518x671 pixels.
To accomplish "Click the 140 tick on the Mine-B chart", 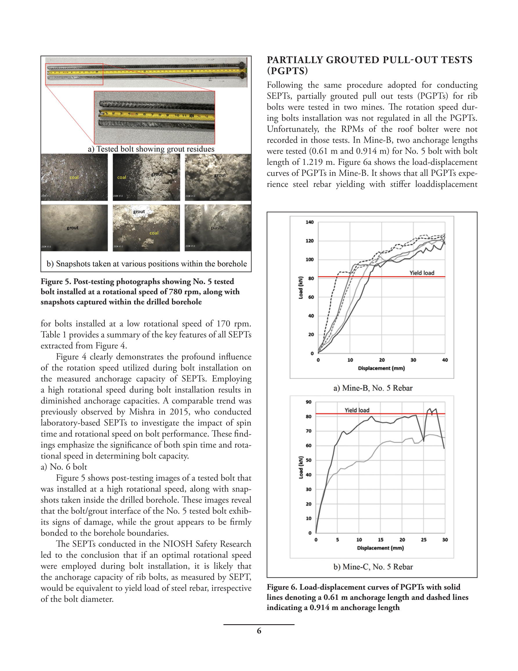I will (x=309, y=222).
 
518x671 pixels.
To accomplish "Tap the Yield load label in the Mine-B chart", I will (x=422, y=273).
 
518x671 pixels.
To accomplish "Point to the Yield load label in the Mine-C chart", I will (x=357, y=410).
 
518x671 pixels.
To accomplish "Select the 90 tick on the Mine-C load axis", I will (x=308, y=402).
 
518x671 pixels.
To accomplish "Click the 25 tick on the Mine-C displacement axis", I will (x=423, y=540).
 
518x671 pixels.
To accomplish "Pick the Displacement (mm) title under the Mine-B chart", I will (x=381, y=368).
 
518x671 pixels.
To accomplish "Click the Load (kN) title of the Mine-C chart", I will (x=301, y=467).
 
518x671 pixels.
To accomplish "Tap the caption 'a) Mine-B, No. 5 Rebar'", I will (x=373, y=388).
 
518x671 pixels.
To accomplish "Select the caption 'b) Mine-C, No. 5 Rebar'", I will (x=373, y=567).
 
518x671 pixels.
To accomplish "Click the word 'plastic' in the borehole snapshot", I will (x=217, y=228).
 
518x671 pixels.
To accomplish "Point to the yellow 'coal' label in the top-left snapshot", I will (x=74, y=177).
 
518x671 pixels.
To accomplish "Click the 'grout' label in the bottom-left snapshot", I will (x=73, y=228).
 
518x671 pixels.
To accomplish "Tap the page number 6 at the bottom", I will (x=259, y=631).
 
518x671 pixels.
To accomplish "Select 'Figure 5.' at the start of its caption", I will (x=55, y=282).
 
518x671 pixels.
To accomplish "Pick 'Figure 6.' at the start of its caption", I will (x=282, y=587).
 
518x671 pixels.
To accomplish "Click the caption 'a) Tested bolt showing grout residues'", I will (x=151, y=149).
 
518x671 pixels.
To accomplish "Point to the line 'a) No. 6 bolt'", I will (x=64, y=467).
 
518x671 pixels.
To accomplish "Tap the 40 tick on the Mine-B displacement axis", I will (x=445, y=360).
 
